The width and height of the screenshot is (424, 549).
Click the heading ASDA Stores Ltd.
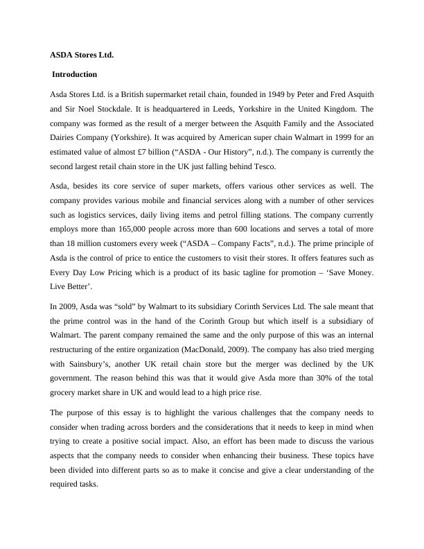point(82,54)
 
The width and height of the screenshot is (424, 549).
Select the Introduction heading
point(75,74)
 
